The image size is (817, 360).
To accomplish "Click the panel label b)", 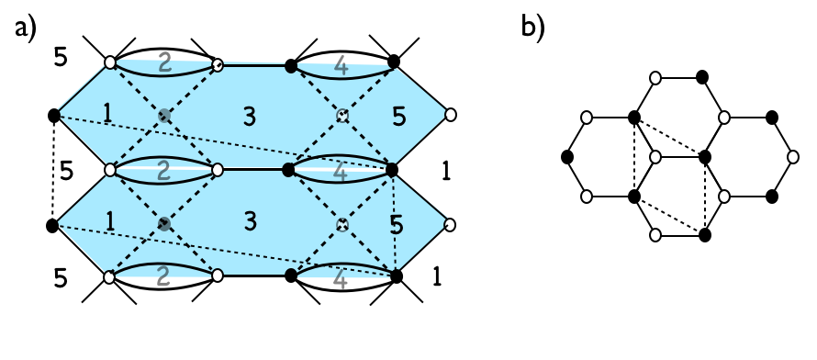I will pyautogui.click(x=532, y=28).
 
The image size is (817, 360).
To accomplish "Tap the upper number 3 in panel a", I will pyautogui.click(x=249, y=116).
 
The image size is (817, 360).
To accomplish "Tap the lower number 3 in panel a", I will pyautogui.click(x=249, y=222).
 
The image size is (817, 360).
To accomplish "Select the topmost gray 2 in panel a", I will pyautogui.click(x=164, y=63).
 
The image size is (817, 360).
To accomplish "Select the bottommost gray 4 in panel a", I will pyautogui.click(x=341, y=276).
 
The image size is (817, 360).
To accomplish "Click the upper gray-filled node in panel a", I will pyautogui.click(x=164, y=116).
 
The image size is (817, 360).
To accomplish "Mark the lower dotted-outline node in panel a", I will pyautogui.click(x=341, y=223).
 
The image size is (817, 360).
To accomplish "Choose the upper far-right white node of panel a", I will pyautogui.click(x=450, y=116).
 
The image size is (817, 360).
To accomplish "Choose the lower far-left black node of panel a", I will pyautogui.click(x=53, y=224).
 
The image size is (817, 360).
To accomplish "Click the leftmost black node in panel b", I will pyautogui.click(x=565, y=157).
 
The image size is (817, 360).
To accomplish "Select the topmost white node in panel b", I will pyautogui.click(x=655, y=77).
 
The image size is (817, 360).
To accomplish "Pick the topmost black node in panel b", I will pyautogui.click(x=704, y=77).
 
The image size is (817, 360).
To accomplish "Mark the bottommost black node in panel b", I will pyautogui.click(x=704, y=236).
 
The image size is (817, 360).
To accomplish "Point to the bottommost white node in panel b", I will pyautogui.click(x=655, y=236).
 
